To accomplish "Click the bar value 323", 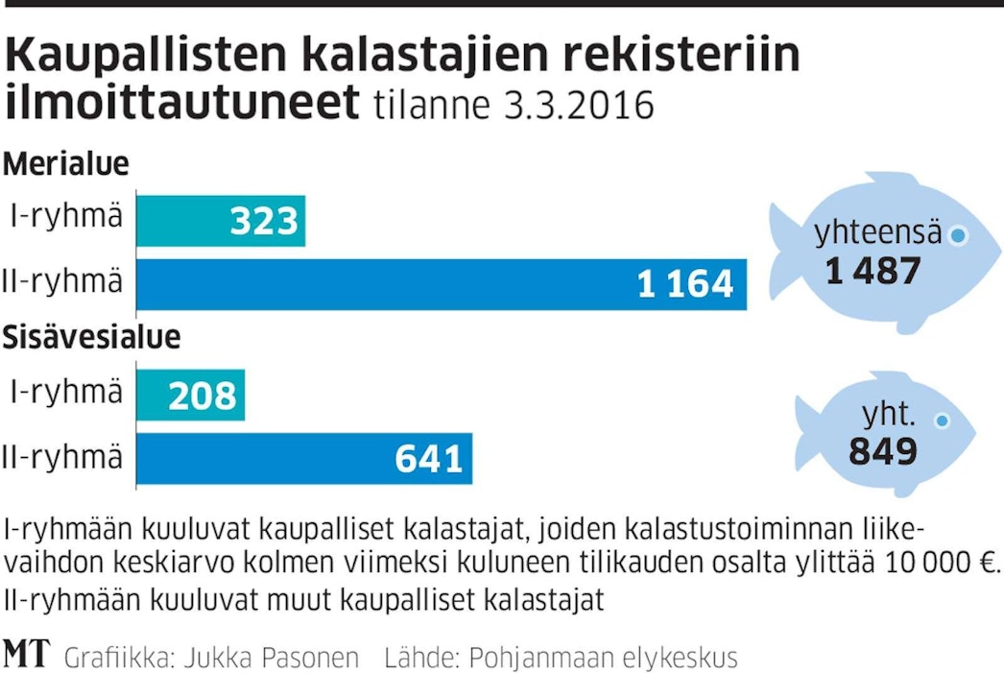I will pyautogui.click(x=265, y=222).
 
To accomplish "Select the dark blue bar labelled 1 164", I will pyautogui.click(x=442, y=284).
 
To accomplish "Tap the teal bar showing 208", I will pyautogui.click(x=191, y=395).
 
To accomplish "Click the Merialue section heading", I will pyautogui.click(x=65, y=164).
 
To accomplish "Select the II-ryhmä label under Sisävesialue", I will pyautogui.click(x=63, y=457).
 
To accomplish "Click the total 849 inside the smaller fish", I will pyautogui.click(x=882, y=450).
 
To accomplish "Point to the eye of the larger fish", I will pyautogui.click(x=957, y=234).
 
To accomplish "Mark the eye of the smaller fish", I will pyautogui.click(x=944, y=421).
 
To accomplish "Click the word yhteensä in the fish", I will pyautogui.click(x=877, y=233).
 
